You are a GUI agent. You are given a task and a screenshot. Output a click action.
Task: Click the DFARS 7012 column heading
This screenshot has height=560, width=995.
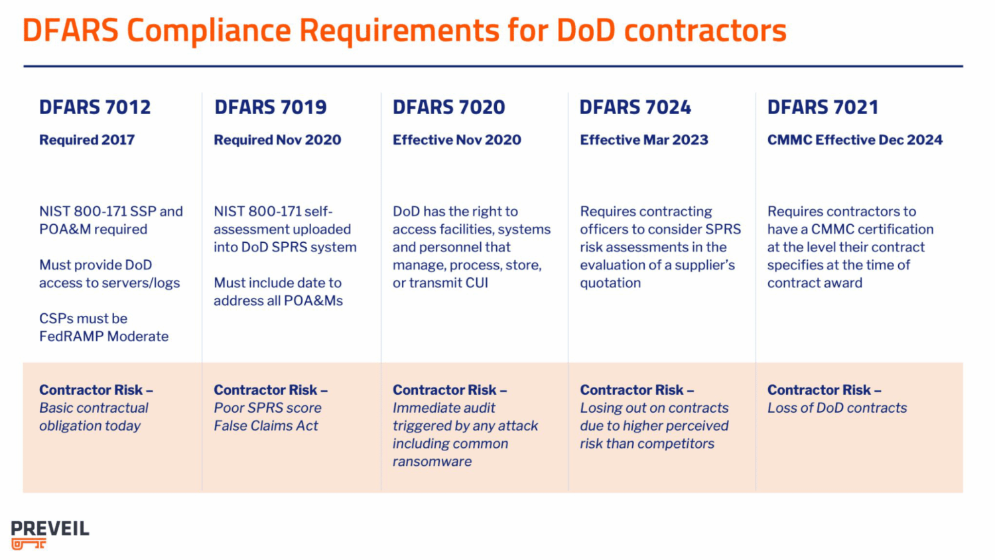pyautogui.click(x=95, y=107)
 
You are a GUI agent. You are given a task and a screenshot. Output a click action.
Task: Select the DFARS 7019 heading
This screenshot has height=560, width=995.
pyautogui.click(x=270, y=107)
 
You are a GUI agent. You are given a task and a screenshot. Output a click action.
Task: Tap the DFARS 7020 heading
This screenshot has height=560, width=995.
pyautogui.click(x=448, y=107)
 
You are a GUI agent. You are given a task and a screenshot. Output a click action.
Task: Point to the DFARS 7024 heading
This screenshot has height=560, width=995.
pyautogui.click(x=635, y=107)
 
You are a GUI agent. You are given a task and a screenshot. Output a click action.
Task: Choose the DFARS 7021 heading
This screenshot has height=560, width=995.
pyautogui.click(x=823, y=107)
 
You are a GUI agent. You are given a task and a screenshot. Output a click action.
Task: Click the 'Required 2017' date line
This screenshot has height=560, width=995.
pyautogui.click(x=87, y=140)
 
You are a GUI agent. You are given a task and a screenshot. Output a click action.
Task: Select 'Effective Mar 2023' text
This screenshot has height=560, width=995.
pyautogui.click(x=643, y=140)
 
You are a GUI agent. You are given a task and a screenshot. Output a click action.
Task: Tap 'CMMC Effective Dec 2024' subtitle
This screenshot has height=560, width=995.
pyautogui.click(x=854, y=140)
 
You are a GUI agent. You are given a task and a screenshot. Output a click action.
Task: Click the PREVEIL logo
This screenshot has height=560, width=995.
pyautogui.click(x=50, y=529)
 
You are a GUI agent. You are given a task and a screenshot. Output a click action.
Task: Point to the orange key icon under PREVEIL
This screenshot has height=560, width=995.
pyautogui.click(x=29, y=544)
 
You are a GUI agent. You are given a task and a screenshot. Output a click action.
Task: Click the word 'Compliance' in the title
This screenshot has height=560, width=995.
pyautogui.click(x=208, y=31)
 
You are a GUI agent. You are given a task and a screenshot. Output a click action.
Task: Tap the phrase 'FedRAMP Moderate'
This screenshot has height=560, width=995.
pyautogui.click(x=103, y=336)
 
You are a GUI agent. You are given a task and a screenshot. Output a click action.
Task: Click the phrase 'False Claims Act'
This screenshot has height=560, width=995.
pyautogui.click(x=265, y=426)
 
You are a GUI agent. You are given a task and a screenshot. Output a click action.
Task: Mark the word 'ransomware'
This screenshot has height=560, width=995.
pyautogui.click(x=432, y=462)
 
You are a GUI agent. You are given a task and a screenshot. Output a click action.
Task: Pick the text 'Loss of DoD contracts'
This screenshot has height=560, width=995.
pyautogui.click(x=836, y=408)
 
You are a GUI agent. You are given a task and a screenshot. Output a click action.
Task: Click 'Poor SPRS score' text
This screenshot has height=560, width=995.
pyautogui.click(x=267, y=408)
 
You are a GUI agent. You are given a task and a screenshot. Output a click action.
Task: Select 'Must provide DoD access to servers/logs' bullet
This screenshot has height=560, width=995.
pyautogui.click(x=109, y=274)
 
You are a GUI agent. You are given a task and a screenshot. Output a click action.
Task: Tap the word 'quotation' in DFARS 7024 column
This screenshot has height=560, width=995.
pyautogui.click(x=610, y=283)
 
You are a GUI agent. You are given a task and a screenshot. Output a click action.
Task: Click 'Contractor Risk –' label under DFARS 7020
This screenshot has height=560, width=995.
pyautogui.click(x=449, y=390)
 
